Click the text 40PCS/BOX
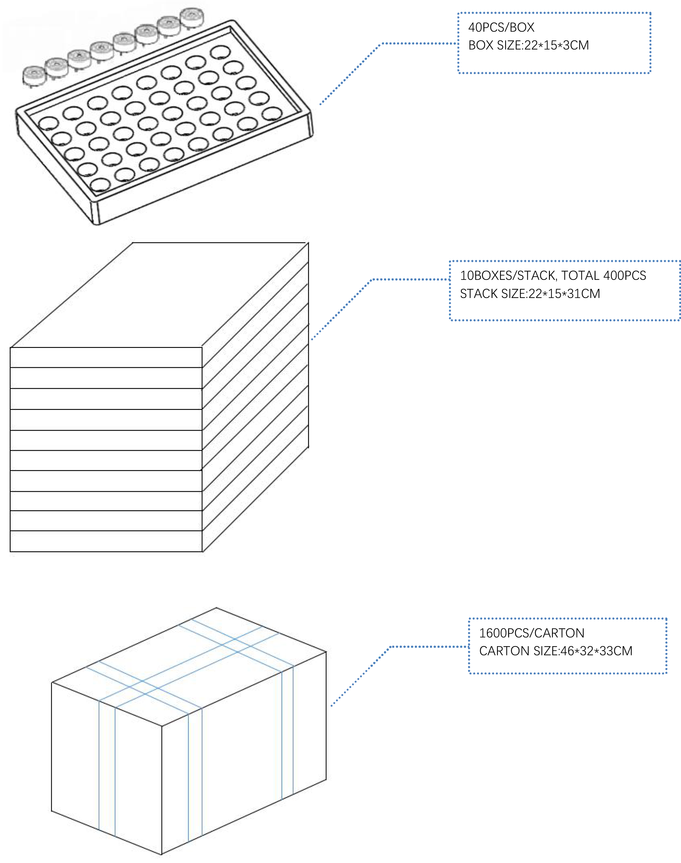coord(501,28)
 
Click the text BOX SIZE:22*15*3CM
coord(528,45)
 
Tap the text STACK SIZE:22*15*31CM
coord(530,294)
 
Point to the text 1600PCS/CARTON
coord(531,633)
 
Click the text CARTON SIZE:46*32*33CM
coord(555,651)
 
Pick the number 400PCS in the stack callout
coord(625,276)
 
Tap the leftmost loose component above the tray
coord(34,76)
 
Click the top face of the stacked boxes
coord(160,295)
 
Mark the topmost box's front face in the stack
coord(106,357)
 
